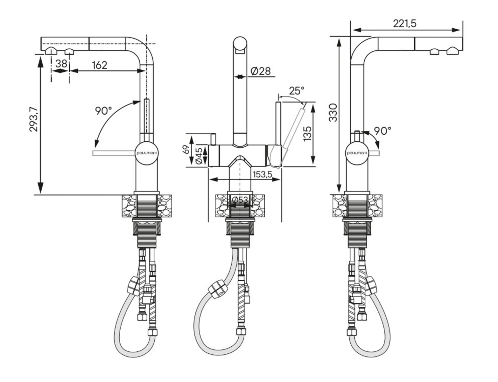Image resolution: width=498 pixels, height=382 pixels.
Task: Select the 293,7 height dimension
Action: click(34, 120)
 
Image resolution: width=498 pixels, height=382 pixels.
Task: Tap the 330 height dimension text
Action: click(333, 113)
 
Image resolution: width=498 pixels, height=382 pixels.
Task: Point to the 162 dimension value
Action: click(100, 65)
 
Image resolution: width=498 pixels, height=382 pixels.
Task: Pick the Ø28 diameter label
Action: click(260, 71)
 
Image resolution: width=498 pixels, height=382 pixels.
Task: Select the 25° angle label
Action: click(297, 91)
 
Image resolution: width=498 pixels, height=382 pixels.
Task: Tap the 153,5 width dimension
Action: click(262, 174)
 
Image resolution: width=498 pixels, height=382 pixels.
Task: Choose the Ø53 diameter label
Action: click(240, 200)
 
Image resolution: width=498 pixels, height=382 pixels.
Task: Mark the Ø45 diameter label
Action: click(199, 156)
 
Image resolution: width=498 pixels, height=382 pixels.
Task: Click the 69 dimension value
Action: click(187, 149)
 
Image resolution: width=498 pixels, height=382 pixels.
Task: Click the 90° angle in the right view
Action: click(382, 131)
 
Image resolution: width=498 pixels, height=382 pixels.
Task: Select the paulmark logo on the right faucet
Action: click(357, 153)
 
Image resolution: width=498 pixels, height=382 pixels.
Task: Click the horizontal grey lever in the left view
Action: click(114, 153)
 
